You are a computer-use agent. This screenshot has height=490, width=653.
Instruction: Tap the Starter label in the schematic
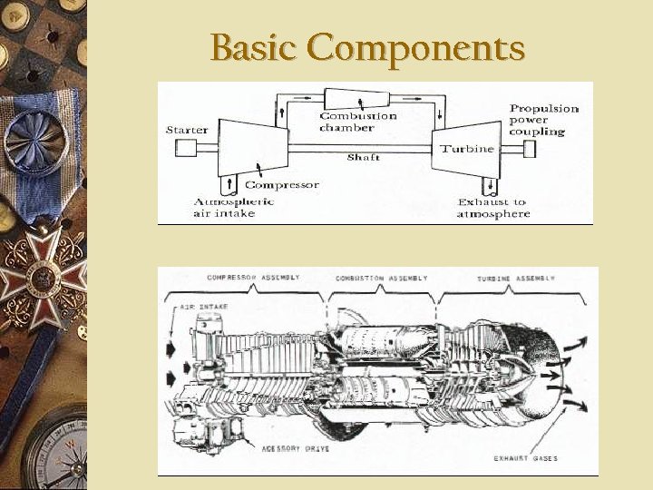186,130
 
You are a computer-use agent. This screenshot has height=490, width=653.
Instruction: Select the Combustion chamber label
358,122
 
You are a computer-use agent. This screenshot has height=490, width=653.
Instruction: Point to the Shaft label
364,158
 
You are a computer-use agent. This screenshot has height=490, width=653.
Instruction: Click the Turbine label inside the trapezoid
467,148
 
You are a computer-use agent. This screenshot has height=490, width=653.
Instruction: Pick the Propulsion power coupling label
543,120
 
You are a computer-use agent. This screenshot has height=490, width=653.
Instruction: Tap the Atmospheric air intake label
233,207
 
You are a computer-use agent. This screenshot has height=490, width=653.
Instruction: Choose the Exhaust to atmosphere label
492,208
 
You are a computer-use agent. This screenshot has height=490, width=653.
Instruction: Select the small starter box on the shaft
186,148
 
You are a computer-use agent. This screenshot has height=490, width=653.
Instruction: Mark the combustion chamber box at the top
360,98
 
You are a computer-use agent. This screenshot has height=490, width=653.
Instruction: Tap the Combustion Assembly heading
381,277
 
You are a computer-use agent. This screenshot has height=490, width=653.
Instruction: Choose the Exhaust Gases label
525,458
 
